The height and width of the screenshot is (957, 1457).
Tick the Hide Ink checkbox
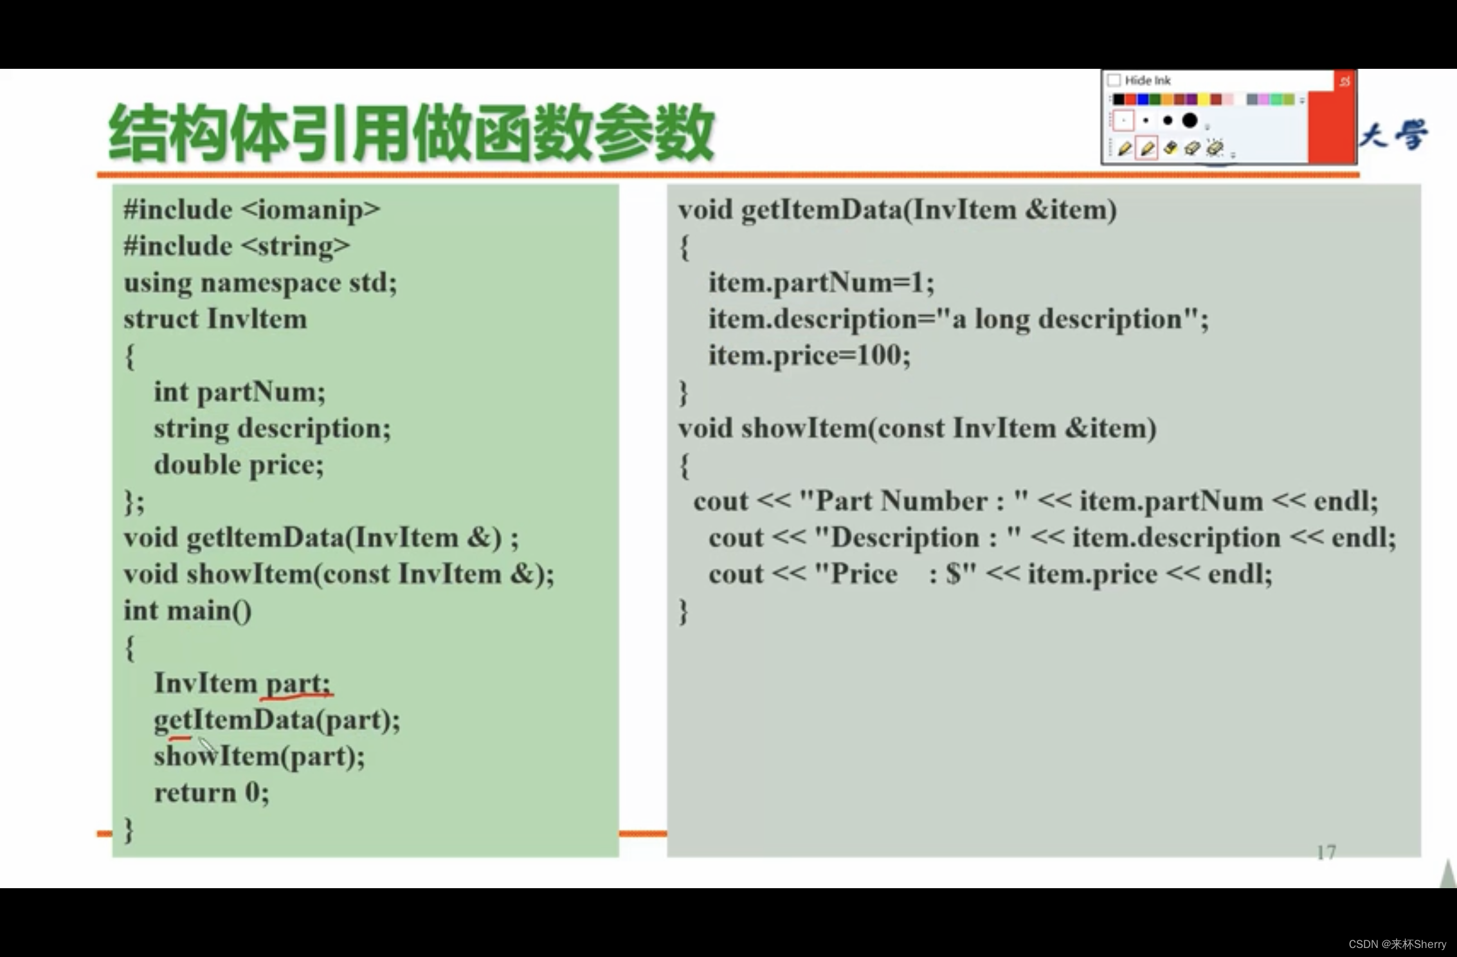pos(1114,80)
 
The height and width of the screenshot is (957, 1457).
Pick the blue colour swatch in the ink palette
pos(1143,99)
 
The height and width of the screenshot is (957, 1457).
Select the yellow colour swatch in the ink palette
pos(1202,99)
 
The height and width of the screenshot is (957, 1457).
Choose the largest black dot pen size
pos(1190,120)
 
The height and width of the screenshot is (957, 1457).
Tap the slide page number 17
pos(1326,852)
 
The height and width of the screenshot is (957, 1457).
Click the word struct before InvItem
pos(161,319)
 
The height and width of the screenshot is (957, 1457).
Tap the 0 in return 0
pos(253,792)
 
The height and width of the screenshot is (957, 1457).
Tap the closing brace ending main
pos(129,829)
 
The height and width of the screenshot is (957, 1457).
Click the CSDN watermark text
pos(1397,944)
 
